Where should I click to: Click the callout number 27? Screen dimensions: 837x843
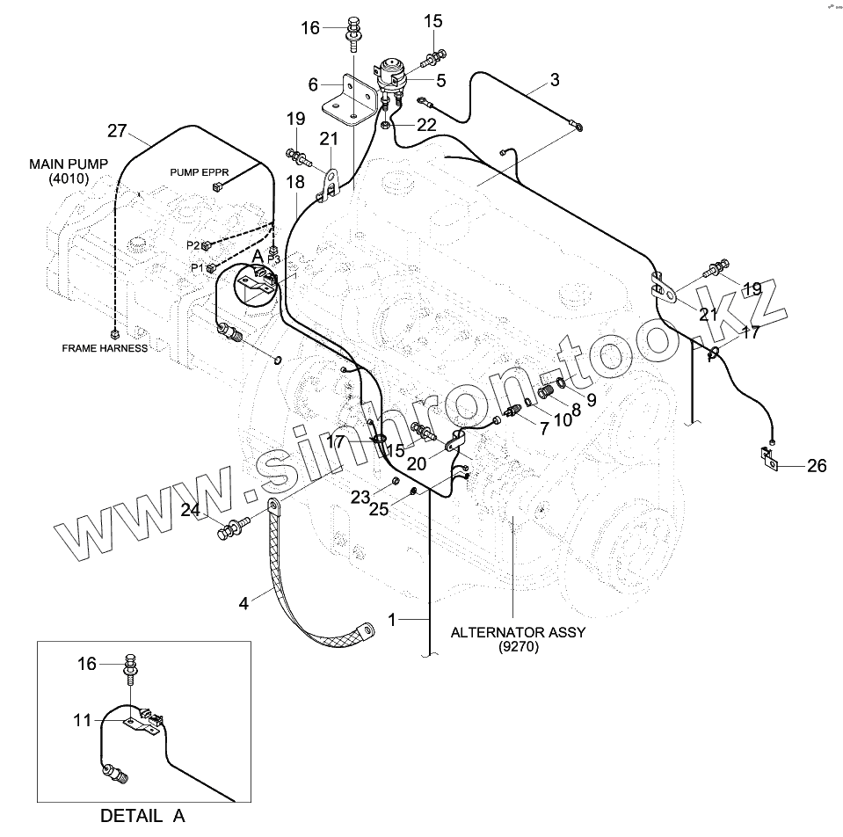click(117, 131)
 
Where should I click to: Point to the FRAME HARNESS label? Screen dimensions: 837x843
click(105, 348)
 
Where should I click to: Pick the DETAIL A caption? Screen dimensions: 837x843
click(142, 815)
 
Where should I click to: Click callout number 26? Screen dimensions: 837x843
click(817, 466)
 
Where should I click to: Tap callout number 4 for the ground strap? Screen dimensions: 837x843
click(243, 603)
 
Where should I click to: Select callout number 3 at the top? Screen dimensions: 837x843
click(555, 81)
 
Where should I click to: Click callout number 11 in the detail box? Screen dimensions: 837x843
click(82, 720)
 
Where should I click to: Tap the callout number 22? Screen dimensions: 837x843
click(426, 126)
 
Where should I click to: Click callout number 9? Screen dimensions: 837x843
click(591, 400)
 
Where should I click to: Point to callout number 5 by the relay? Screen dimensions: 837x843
click(441, 81)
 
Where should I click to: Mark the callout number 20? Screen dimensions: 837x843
click(418, 462)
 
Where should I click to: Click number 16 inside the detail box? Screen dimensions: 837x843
click(86, 665)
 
